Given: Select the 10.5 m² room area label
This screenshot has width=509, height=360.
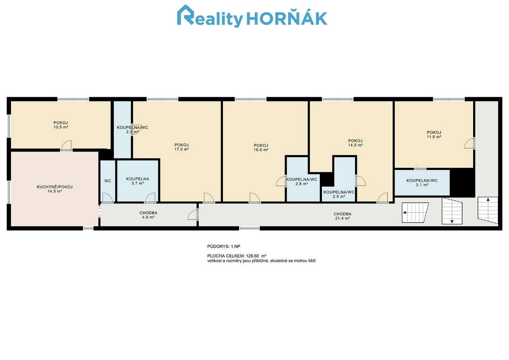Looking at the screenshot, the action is point(61,127).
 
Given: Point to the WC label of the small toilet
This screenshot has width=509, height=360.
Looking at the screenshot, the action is point(108,181).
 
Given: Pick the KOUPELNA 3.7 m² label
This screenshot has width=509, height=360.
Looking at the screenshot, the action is point(137,181).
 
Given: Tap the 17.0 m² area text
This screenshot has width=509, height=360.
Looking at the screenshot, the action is point(182,149).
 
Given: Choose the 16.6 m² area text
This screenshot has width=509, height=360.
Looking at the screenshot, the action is point(261,150).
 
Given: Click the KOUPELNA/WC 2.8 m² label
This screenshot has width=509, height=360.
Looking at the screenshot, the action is point(301,181).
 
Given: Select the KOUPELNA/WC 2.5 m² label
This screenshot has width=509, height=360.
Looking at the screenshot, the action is point(339,194).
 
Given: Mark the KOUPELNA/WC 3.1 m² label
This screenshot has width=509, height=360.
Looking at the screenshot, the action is point(422,183).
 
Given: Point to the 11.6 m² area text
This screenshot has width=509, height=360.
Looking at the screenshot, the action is point(434,137).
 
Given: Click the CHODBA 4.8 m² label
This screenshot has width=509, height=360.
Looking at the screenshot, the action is point(148,215).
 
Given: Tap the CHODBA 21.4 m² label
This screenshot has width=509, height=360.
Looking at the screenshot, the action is point(342,216).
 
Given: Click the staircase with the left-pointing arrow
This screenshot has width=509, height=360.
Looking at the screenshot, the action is point(415,213).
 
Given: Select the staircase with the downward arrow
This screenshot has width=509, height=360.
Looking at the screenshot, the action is point(452,211).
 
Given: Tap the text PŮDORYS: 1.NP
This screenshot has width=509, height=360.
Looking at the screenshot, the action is point(224,246).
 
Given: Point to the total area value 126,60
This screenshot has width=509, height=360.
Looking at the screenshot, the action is point(253,256).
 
